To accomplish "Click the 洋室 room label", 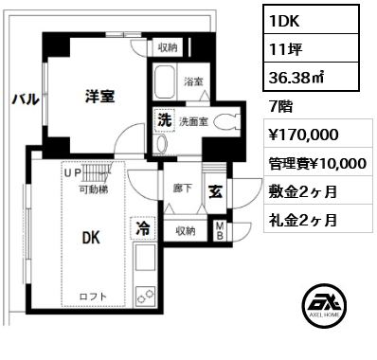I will pyautogui.click(x=99, y=96).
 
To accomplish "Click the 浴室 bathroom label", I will pyautogui.click(x=193, y=81).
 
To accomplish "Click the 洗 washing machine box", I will pyautogui.click(x=164, y=120).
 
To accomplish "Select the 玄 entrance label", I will pyautogui.click(x=216, y=192).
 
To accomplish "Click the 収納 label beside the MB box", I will pyautogui.click(x=186, y=230).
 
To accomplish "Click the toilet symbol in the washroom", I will pyautogui.click(x=224, y=121).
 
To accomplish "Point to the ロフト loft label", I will pyautogui.click(x=93, y=297).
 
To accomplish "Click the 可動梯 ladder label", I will pyautogui.click(x=93, y=189).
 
